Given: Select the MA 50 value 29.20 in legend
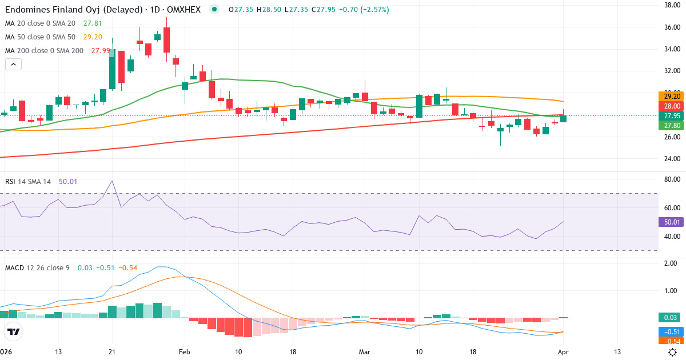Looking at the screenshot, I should [x=93, y=37].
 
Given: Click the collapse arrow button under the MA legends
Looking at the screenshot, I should [x=13, y=64].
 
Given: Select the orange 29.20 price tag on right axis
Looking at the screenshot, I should [x=671, y=97].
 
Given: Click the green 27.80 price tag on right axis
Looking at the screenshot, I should [x=671, y=126].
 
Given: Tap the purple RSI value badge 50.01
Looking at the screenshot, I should [x=671, y=222].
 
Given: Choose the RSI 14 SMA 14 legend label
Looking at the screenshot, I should [x=28, y=182].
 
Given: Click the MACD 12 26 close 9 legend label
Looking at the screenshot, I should [x=37, y=267].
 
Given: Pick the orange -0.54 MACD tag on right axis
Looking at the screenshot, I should [x=671, y=341].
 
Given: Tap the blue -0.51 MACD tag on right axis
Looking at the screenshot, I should [x=671, y=332].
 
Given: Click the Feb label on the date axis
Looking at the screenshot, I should [x=184, y=351].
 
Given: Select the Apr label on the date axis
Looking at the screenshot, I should [x=563, y=351].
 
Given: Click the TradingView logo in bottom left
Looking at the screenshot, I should [x=14, y=331].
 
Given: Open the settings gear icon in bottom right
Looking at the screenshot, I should [x=673, y=351].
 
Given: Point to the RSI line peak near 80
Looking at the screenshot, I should [x=111, y=181].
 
